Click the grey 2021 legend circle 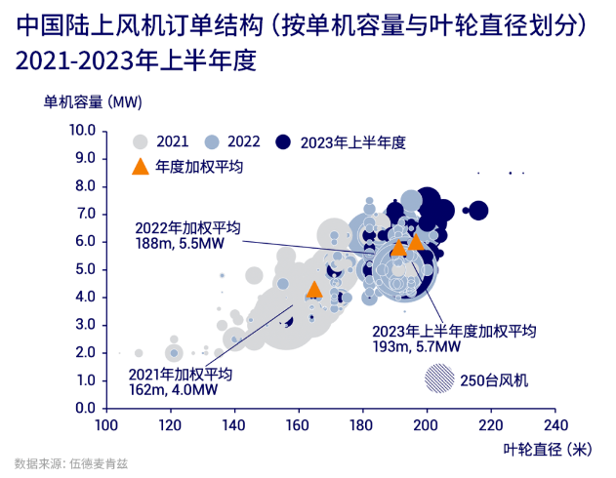pyautogui.click(x=142, y=141)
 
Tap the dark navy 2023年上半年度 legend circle pyautogui.click(x=286, y=141)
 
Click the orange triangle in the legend pyautogui.click(x=142, y=166)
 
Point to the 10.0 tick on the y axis pyautogui.click(x=81, y=131)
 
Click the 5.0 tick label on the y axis pyautogui.click(x=84, y=269)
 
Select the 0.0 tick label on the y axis pyautogui.click(x=84, y=408)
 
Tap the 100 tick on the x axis pyautogui.click(x=106, y=425)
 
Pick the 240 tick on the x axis pyautogui.click(x=554, y=425)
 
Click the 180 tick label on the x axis pyautogui.click(x=362, y=425)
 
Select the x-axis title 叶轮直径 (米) pyautogui.click(x=547, y=450)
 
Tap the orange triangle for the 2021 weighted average pyautogui.click(x=313, y=289)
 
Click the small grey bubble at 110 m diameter pyautogui.click(x=139, y=353)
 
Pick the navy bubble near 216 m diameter pyautogui.click(x=478, y=210)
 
